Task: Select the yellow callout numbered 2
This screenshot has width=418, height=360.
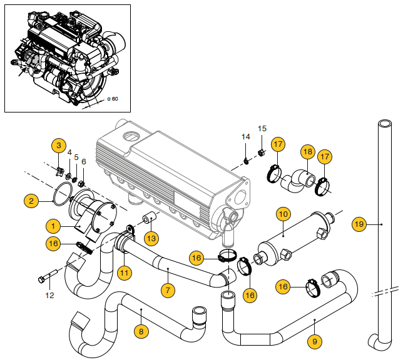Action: tap(31, 201)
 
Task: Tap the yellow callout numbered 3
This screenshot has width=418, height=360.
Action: tap(58, 146)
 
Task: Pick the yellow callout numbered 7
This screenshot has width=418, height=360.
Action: tap(69, 152)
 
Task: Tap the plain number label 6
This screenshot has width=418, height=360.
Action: tap(84, 161)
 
